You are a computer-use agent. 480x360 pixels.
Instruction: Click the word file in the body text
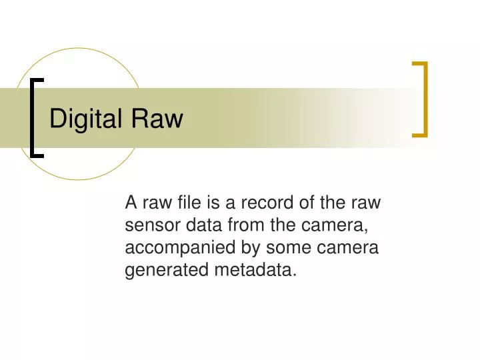coord(191,202)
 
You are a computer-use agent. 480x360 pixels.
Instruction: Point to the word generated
coord(167,270)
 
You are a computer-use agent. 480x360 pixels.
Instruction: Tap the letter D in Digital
coord(57,119)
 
